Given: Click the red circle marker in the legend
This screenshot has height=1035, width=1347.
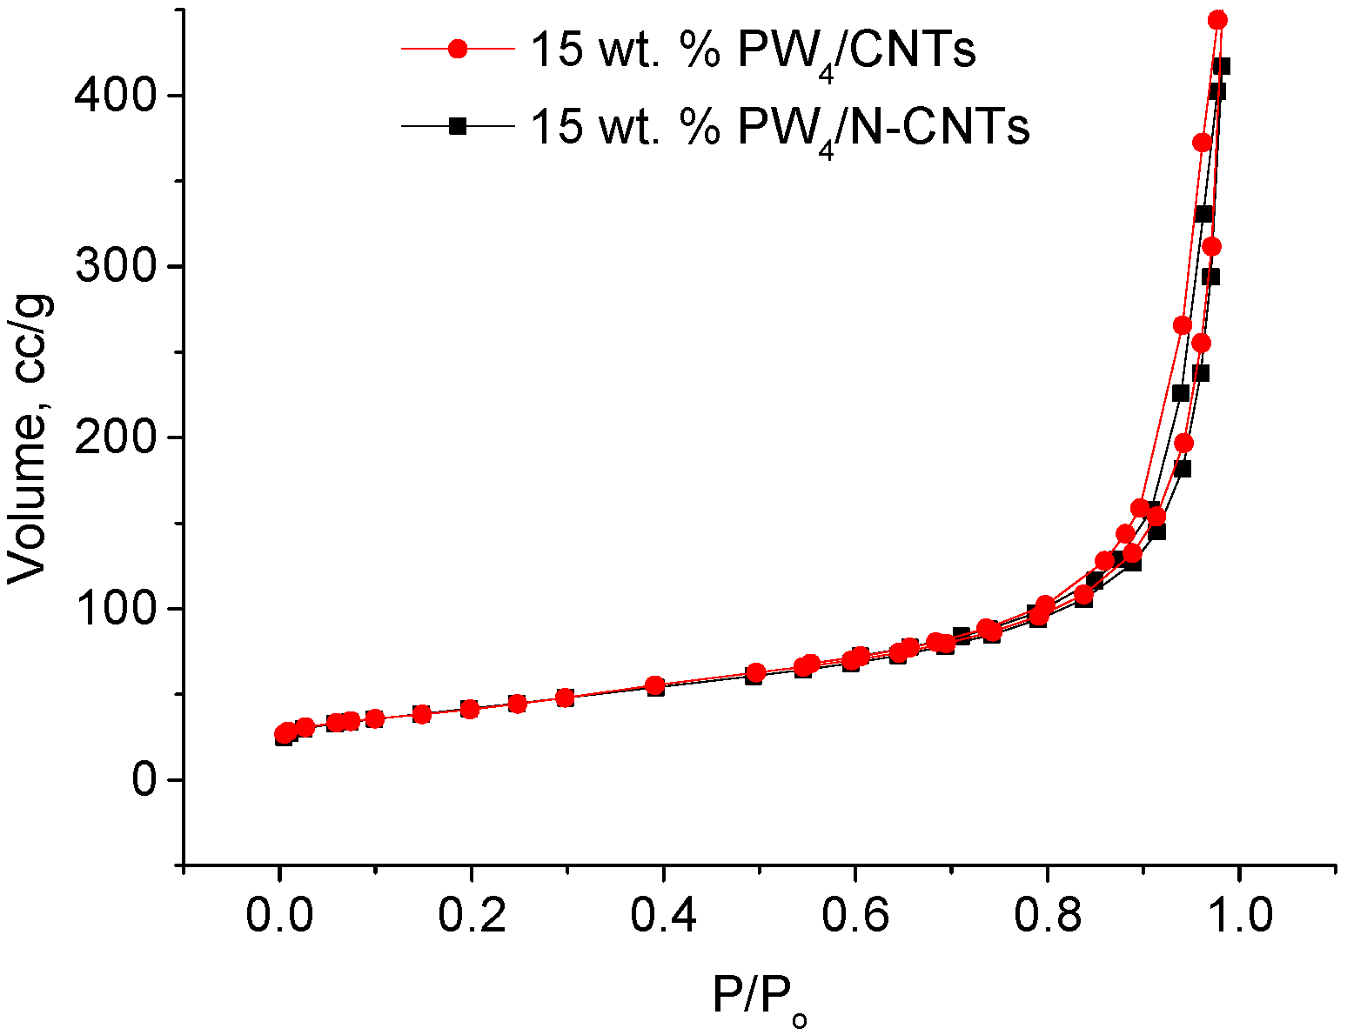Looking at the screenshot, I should point(458,50).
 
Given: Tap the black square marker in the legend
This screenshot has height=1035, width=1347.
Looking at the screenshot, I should point(458,127).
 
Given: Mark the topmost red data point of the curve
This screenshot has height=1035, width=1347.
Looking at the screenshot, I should point(1218,20).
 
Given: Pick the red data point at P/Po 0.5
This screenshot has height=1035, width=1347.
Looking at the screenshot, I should point(756,672).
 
